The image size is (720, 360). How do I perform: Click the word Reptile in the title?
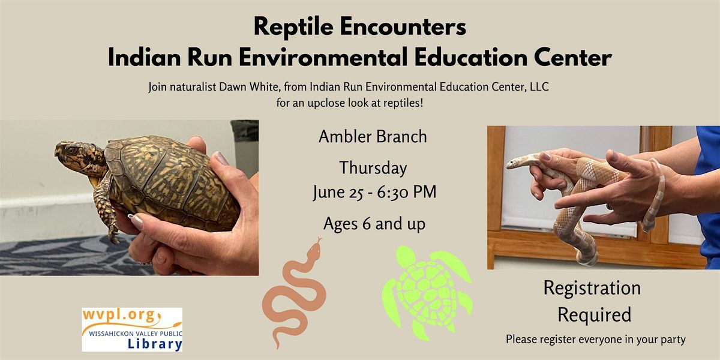click(293, 27)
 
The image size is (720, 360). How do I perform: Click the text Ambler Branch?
click(373, 137)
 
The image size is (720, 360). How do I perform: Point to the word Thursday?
click(373, 168)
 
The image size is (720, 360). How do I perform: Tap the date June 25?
click(338, 192)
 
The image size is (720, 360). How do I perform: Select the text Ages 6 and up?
click(374, 224)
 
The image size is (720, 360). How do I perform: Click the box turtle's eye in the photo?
click(71, 150)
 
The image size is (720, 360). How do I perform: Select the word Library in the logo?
click(155, 344)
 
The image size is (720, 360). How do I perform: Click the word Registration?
click(592, 288)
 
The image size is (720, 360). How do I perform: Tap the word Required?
click(595, 314)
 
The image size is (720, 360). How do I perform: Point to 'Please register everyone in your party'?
click(596, 340)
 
